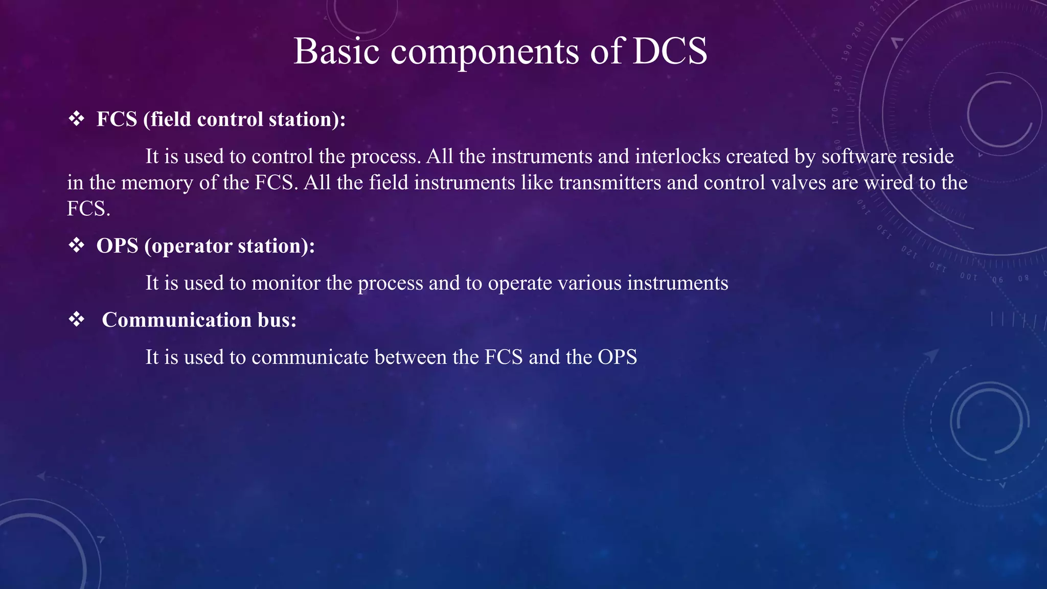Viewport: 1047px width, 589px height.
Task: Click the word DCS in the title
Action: tap(670, 51)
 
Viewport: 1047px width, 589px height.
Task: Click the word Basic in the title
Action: tap(336, 51)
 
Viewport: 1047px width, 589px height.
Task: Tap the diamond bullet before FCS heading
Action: tap(77, 119)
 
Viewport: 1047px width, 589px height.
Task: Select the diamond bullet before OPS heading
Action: tap(77, 246)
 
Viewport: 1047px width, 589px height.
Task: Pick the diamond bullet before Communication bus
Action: tap(77, 320)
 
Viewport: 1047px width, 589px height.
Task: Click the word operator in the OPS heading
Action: tap(192, 246)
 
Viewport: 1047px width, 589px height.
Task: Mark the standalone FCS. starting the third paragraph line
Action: tap(88, 209)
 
